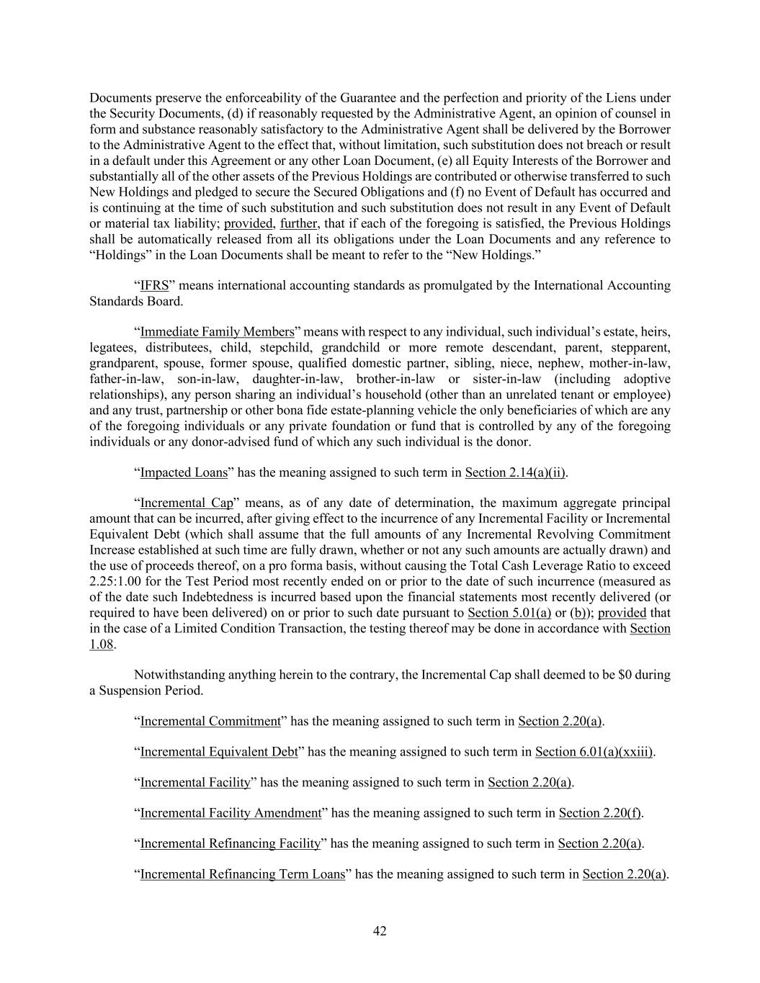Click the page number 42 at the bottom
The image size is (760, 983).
pos(380,931)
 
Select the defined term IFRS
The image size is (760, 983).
pos(154,286)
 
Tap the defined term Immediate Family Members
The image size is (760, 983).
pos(217,332)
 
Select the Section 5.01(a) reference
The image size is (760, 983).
pos(509,613)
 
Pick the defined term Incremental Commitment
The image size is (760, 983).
pos(210,721)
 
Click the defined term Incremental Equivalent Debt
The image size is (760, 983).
pos(219,752)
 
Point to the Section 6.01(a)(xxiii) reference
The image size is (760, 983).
pos(594,752)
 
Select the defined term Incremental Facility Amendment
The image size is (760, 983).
pos(231,813)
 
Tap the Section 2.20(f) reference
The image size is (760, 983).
pos(599,813)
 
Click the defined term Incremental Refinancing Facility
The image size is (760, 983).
pos(230,843)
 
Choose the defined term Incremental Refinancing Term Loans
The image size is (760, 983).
pos(242,874)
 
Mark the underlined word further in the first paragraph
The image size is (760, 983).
pos(298,223)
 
